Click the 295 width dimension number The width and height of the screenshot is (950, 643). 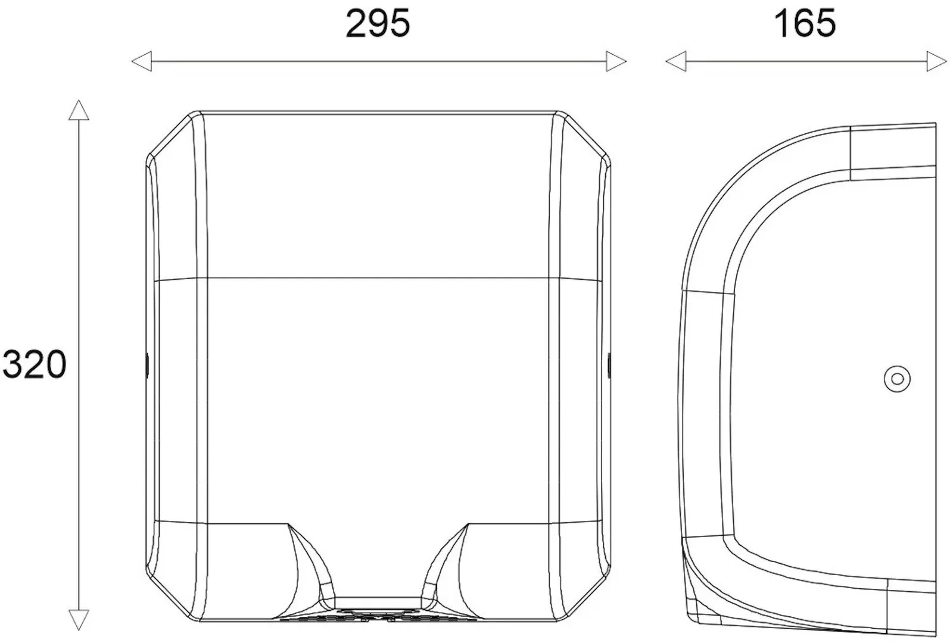[x=378, y=24]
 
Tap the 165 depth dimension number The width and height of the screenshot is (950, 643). [x=805, y=24]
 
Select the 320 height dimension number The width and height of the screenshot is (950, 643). [x=35, y=364]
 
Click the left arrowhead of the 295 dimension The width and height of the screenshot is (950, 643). [x=142, y=61]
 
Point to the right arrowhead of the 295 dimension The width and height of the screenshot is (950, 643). [x=616, y=61]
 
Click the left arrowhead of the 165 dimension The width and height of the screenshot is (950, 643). [x=676, y=61]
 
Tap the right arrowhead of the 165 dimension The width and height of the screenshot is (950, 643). [x=937, y=61]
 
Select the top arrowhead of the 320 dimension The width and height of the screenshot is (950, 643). [x=79, y=110]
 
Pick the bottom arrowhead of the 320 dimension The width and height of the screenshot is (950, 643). [x=79, y=620]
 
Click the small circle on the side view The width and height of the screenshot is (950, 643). [x=897, y=379]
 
